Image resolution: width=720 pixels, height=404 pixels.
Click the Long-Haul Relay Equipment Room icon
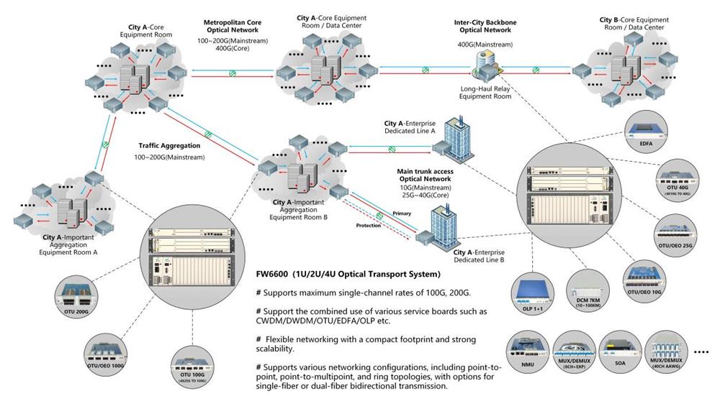(x=482, y=69)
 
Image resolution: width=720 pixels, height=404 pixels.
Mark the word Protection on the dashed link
(x=368, y=225)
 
